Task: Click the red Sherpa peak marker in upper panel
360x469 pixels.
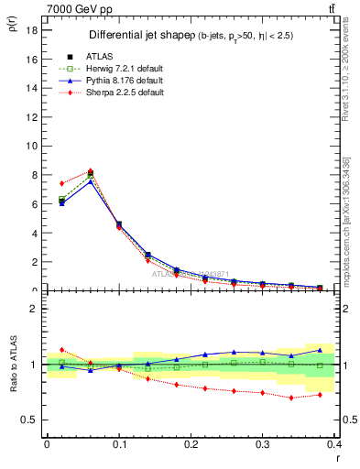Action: (x=90, y=171)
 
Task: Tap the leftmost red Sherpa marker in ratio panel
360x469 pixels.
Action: (x=61, y=350)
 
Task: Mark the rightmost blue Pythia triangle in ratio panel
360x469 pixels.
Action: (x=320, y=350)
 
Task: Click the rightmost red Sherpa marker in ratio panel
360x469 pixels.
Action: (x=320, y=395)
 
